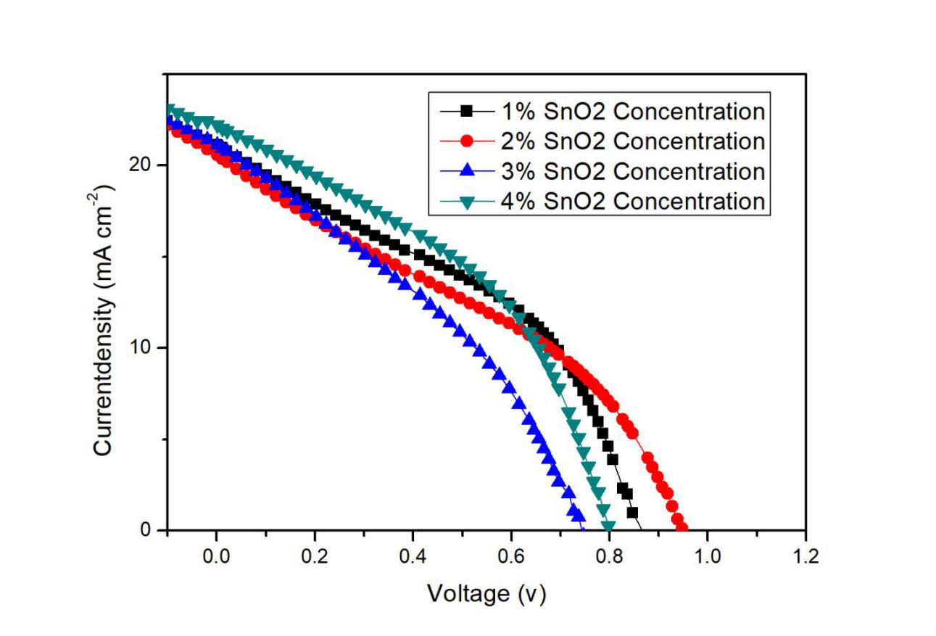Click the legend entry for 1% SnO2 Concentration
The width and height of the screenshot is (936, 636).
pyautogui.click(x=630, y=112)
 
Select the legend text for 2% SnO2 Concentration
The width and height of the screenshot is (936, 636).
pyautogui.click(x=630, y=141)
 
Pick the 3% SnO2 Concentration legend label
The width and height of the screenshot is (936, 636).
pyautogui.click(x=630, y=171)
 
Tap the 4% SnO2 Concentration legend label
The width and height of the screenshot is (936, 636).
pyautogui.click(x=630, y=201)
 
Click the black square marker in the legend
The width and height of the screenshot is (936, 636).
pyautogui.click(x=468, y=111)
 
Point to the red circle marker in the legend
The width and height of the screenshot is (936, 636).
pyautogui.click(x=468, y=141)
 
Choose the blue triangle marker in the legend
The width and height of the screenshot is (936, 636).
pyautogui.click(x=468, y=171)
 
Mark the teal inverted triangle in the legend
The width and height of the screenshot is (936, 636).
pyautogui.click(x=468, y=202)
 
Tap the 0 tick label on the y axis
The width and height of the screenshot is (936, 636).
pyautogui.click(x=151, y=530)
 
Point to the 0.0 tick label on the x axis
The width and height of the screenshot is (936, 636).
pyautogui.click(x=215, y=557)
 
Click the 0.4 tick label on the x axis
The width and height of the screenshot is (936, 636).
pyautogui.click(x=413, y=557)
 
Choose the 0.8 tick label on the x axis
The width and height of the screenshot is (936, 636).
pyautogui.click(x=609, y=557)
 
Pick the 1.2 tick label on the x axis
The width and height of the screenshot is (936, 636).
pyautogui.click(x=805, y=557)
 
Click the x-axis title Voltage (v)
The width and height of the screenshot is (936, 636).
pyautogui.click(x=486, y=594)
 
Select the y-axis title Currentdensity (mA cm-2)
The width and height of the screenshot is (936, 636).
pyautogui.click(x=104, y=319)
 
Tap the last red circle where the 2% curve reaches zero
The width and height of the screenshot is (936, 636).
pyautogui.click(x=682, y=527)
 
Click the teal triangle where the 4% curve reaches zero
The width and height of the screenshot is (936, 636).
pyautogui.click(x=608, y=526)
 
